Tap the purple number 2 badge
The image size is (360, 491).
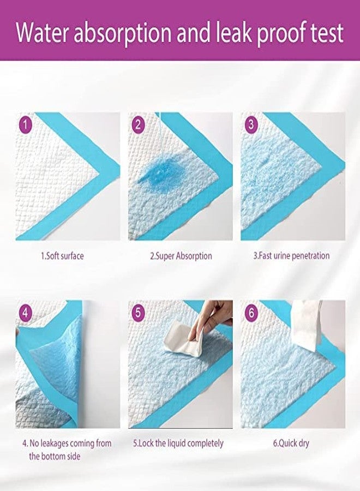pos(139,124)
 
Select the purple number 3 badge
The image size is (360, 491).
pos(251,124)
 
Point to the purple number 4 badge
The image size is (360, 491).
pos(26,313)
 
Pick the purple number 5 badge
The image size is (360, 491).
pos(139,313)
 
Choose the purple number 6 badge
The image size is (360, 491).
pos(251,313)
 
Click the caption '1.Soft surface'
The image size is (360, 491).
pos(63,255)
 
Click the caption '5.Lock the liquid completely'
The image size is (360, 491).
pos(179,443)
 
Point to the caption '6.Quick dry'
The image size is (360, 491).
pos(291,443)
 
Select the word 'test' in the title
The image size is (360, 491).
pos(325,32)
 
